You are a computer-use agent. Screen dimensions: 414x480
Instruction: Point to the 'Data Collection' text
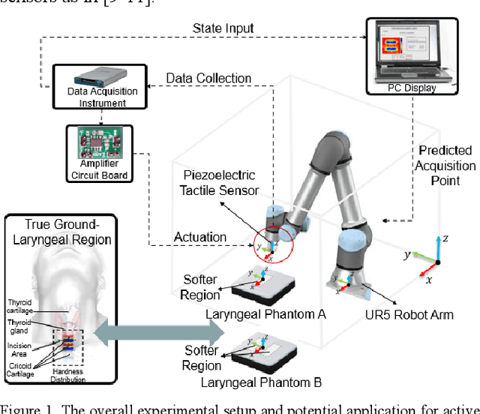pos(208,78)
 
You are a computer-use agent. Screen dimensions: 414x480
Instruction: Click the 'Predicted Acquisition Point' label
pos(445,166)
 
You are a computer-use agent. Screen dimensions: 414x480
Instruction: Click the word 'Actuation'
pos(201,238)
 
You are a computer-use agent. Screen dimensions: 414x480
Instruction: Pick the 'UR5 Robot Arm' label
pos(413,315)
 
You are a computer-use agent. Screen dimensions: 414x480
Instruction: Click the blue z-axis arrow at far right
pos(439,247)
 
